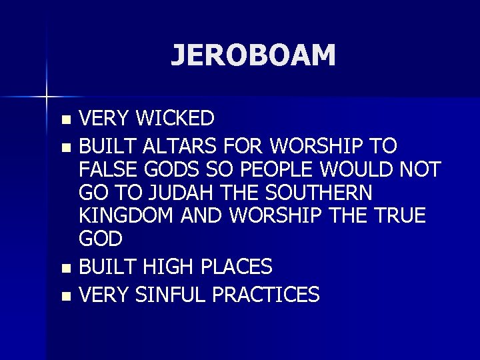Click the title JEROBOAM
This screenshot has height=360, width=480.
coord(253,55)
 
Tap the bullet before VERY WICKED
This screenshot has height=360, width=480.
coord(65,120)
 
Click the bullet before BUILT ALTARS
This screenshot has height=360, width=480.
coord(65,146)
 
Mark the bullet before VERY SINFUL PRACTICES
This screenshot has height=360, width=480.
coord(65,295)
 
